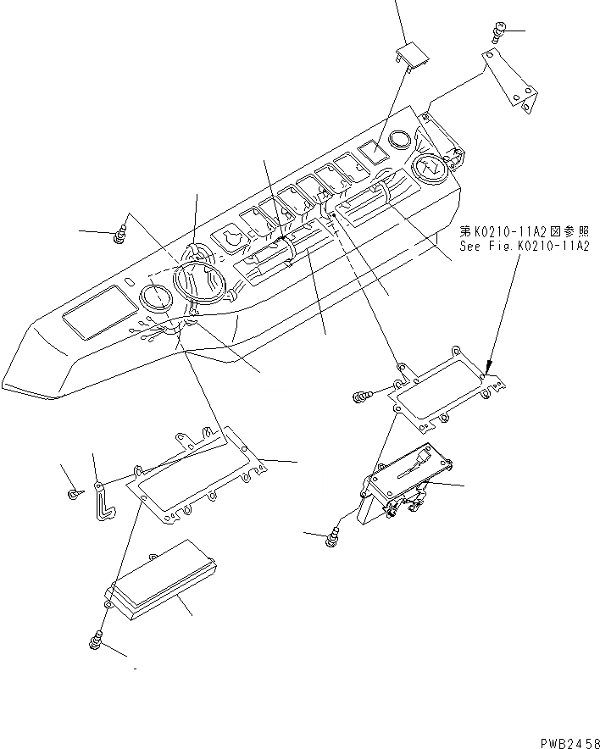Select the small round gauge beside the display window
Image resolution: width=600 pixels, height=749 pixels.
[156, 298]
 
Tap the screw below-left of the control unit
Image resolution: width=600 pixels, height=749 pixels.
[332, 535]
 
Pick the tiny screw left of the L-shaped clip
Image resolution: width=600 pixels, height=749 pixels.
[74, 492]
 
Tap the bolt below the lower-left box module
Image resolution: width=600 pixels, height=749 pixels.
[95, 641]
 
